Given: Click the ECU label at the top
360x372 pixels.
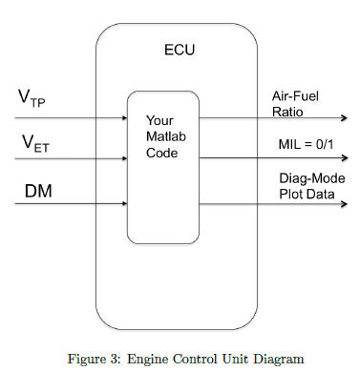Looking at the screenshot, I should (177, 49).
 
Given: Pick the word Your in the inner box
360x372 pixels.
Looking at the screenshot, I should (159, 121).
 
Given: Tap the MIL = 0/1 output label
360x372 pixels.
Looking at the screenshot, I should (302, 143).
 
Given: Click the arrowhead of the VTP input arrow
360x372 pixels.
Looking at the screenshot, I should (125, 118).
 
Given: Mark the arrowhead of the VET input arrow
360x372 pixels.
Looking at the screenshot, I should (125, 159).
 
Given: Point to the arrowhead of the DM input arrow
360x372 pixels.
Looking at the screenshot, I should (125, 202).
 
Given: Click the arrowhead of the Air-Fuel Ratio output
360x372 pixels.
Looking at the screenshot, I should (344, 118).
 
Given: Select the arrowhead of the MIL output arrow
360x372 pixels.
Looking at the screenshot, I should (344, 159).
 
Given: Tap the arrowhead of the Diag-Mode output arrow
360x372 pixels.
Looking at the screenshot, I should (344, 202).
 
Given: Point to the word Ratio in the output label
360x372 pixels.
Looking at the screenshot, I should (286, 111).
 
